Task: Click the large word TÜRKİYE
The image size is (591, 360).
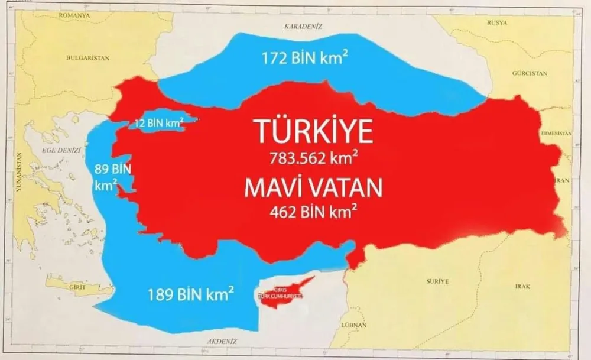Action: pos(314,131)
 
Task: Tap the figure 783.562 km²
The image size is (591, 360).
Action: pos(314,158)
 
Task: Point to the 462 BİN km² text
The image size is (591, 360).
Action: pos(313,211)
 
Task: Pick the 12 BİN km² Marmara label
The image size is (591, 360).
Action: pos(157,124)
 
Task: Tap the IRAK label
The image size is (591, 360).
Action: pos(522,286)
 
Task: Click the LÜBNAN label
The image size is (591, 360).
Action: pos(354,325)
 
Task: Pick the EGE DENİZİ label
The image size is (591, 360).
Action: pos(61,151)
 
